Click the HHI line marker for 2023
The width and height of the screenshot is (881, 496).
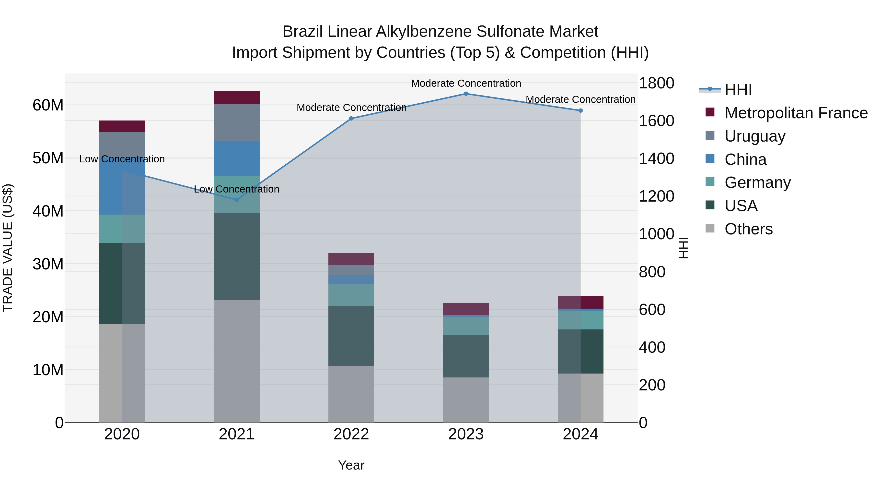click(x=466, y=94)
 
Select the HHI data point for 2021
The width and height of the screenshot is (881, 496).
click(x=236, y=200)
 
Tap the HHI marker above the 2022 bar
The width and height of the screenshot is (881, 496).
click(x=351, y=119)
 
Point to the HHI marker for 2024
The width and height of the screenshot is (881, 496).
click(x=580, y=110)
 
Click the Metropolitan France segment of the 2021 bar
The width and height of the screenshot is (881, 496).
click(x=236, y=97)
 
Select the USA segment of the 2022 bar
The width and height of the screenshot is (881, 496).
click(x=351, y=336)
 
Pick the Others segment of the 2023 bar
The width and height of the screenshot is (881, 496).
click(x=466, y=400)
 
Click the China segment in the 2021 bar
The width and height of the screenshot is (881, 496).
click(x=236, y=158)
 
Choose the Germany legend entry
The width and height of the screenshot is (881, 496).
click(x=757, y=182)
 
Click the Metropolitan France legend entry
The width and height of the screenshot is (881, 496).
click(x=796, y=113)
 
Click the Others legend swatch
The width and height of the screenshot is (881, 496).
click(x=710, y=228)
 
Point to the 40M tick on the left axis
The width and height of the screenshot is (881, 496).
click(x=48, y=211)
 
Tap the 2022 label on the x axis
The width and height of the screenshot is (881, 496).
click(x=351, y=434)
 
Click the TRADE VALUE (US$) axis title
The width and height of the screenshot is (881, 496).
click(x=8, y=248)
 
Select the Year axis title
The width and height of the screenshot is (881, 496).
click(x=351, y=465)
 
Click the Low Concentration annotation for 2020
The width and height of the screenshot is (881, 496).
click(x=122, y=159)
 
